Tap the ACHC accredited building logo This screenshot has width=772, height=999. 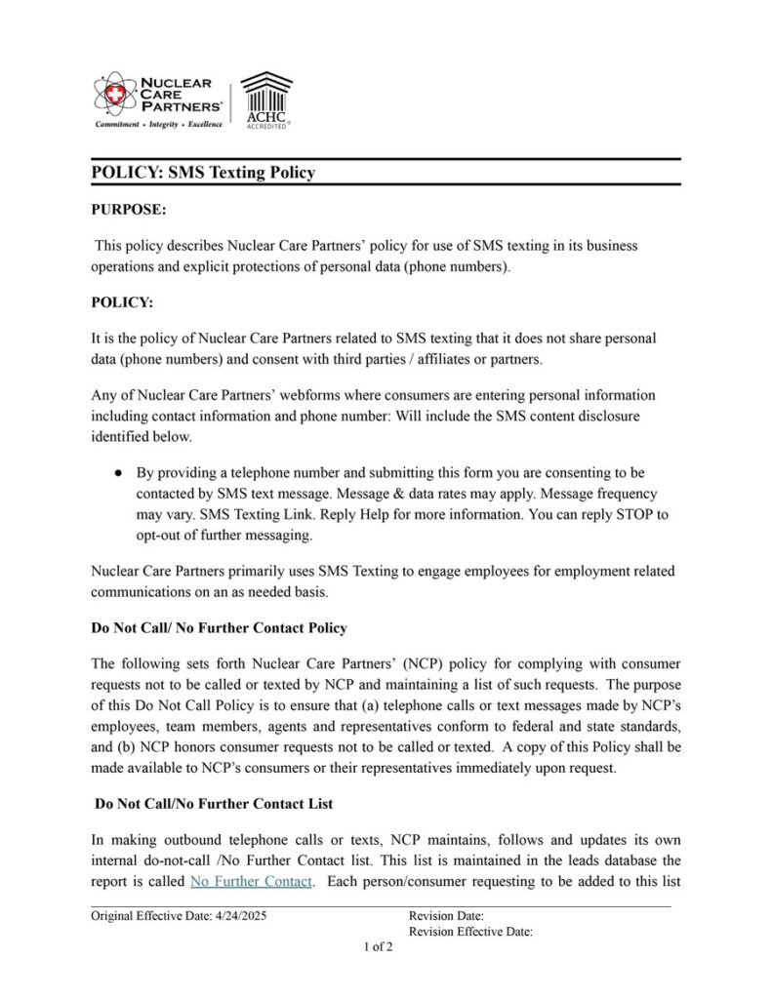coord(266,99)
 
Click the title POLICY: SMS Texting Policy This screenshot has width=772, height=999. coord(203,173)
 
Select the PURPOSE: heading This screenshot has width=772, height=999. coord(129,210)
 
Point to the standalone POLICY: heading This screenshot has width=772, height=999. coord(122,302)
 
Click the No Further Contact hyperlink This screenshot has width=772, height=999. coord(252,882)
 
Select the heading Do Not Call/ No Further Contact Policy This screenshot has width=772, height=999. coord(219,627)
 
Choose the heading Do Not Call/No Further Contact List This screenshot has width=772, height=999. coord(214,804)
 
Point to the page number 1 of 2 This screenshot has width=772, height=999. coord(378,947)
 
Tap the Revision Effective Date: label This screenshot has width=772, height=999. coord(470,932)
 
